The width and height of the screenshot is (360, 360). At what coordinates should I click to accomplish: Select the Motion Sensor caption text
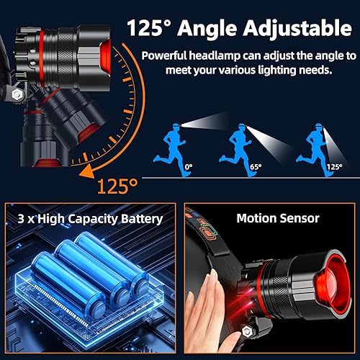tap(267, 219)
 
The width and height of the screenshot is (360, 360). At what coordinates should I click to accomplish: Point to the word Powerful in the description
tap(168, 55)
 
